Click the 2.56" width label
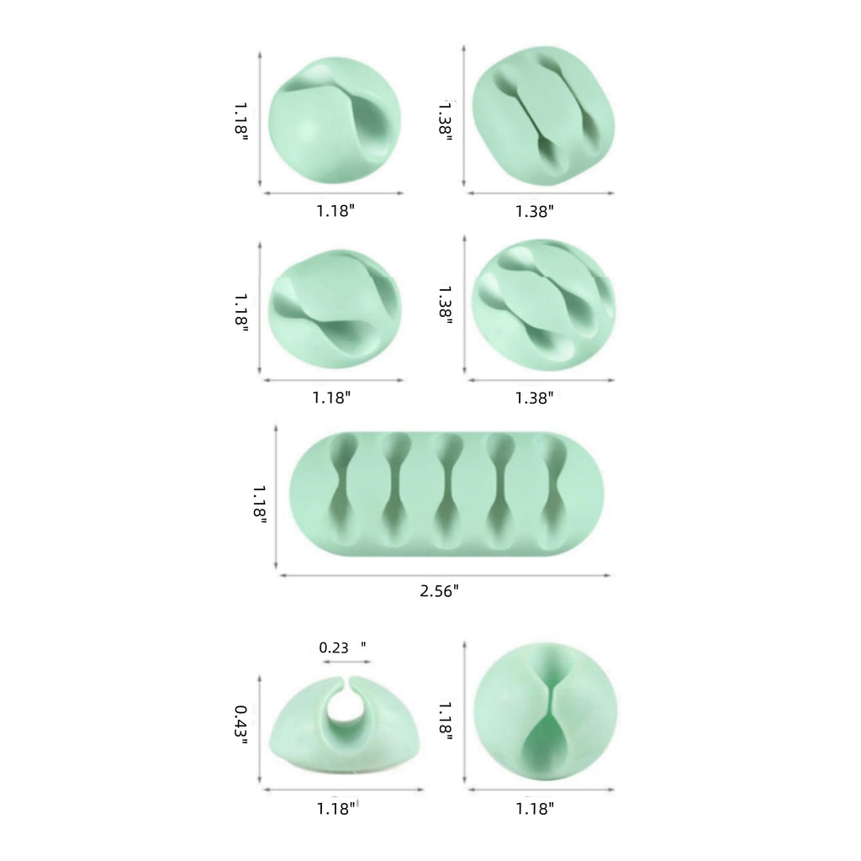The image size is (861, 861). pyautogui.click(x=439, y=591)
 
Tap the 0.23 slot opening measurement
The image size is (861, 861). pyautogui.click(x=334, y=648)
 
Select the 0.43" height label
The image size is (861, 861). pyautogui.click(x=241, y=725)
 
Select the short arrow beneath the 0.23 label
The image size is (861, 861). pyautogui.click(x=346, y=663)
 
